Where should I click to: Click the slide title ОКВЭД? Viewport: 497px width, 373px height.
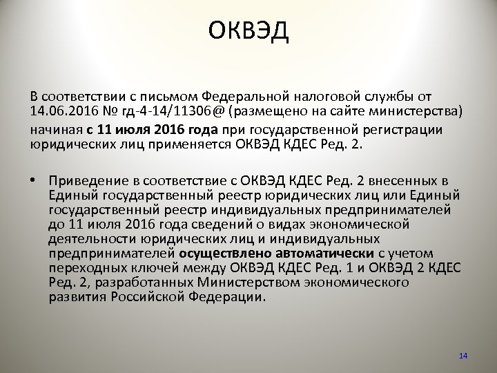(248, 31)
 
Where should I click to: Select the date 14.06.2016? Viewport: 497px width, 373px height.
(64, 111)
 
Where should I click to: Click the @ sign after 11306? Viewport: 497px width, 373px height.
(220, 111)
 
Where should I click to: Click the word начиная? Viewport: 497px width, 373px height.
(57, 129)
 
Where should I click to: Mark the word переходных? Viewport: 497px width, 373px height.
(89, 268)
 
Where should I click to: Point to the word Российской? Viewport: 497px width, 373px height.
(151, 298)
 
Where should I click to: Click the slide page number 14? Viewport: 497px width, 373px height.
(463, 356)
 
